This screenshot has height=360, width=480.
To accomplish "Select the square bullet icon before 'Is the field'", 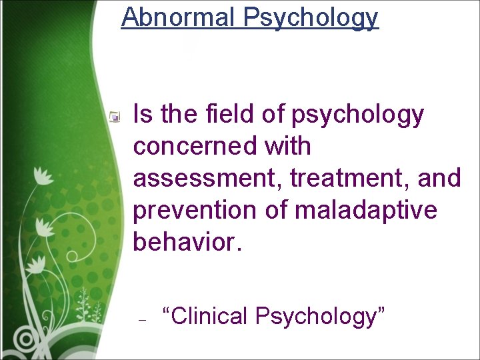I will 115,117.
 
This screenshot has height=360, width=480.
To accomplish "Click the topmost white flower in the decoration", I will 45,175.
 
